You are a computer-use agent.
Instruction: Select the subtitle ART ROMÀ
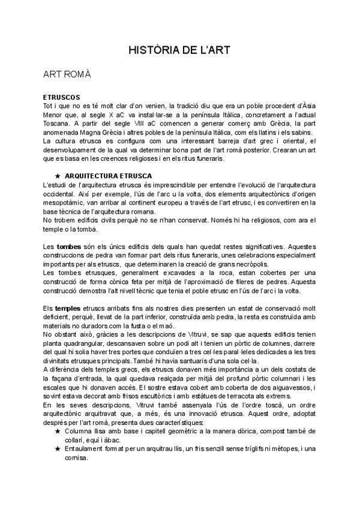pyautogui.click(x=67, y=74)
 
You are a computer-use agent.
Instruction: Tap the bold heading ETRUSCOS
pyautogui.click(x=62, y=97)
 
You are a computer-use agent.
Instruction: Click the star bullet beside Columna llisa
pyautogui.click(x=58, y=432)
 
